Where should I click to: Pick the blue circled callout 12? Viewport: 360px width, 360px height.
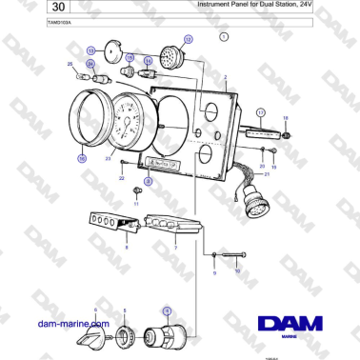pyautogui.click(x=188, y=40)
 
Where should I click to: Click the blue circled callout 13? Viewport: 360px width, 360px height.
pyautogui.click(x=90, y=50)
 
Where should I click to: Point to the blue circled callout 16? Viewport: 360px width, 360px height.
pyautogui.click(x=82, y=158)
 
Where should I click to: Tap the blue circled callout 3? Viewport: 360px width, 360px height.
pyautogui.click(x=148, y=179)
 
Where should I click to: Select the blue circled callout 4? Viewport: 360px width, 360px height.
pyautogui.click(x=166, y=310)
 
